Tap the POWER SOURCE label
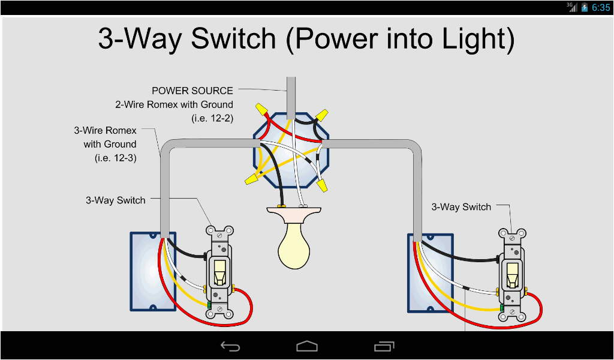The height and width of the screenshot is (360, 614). coord(192,91)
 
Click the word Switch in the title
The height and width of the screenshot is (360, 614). coord(233,39)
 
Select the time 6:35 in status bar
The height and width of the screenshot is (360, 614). coord(601,8)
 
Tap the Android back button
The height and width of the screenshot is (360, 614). coord(230,346)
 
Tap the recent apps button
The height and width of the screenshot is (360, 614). coord(383,346)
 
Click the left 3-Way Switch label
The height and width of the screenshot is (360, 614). coord(115,200)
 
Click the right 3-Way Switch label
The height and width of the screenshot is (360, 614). coord(461,207)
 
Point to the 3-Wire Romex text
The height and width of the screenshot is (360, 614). coord(105,130)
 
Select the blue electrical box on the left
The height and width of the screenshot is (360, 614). coord(153,271)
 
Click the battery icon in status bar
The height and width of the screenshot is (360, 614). coord(585,8)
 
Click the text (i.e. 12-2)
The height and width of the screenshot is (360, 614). coord(212,118)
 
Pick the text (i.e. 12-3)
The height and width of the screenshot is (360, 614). coord(115,158)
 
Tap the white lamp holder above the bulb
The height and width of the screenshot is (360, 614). coord(294,214)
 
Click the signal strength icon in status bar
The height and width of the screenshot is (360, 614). coord(572,7)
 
